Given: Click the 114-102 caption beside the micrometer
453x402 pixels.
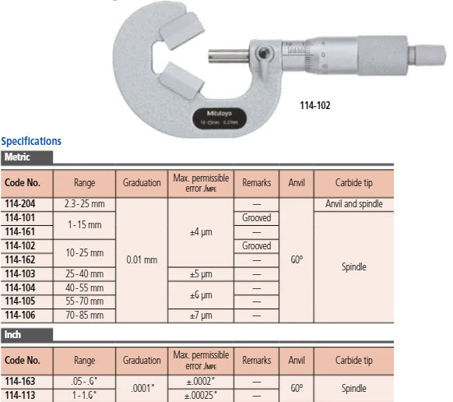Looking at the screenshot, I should (x=315, y=105).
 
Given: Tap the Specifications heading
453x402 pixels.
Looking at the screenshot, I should (x=31, y=141).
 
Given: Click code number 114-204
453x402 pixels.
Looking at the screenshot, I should (x=23, y=203).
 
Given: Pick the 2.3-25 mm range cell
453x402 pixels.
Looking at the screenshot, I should (x=84, y=203).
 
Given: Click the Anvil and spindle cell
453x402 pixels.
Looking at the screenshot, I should (x=353, y=203).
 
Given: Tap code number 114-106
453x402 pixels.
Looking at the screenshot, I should (x=23, y=315).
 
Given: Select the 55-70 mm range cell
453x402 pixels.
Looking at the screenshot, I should (x=84, y=301).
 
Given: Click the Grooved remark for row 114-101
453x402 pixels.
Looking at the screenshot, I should (x=256, y=217).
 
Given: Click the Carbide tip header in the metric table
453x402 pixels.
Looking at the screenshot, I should (x=353, y=183).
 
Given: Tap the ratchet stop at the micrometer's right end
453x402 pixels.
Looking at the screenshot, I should (x=429, y=55).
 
